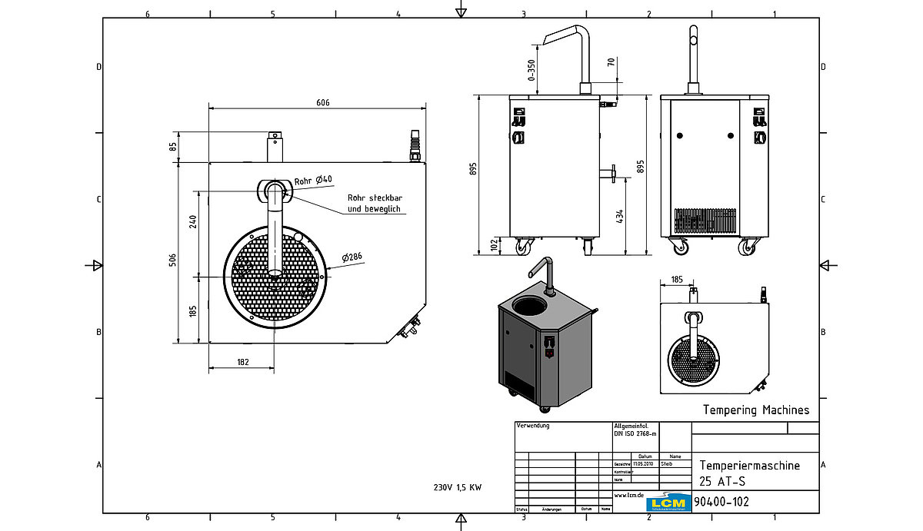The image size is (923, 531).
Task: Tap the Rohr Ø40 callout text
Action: [313, 180]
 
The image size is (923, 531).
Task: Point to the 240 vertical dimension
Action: [193, 221]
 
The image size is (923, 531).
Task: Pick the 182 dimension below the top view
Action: [242, 361]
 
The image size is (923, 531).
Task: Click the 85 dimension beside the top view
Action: [174, 144]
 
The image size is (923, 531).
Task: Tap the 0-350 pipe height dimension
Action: [531, 69]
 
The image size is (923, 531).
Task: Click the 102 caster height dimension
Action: [494, 245]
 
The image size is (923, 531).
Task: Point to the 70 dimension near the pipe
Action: [611, 63]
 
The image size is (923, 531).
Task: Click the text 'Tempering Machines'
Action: [756, 410]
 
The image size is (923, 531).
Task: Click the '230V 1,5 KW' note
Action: [457, 487]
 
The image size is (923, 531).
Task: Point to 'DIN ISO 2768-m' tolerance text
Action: [635, 433]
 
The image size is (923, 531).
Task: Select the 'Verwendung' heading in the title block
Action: [535, 425]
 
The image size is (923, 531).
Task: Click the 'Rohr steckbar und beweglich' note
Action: [374, 202]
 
